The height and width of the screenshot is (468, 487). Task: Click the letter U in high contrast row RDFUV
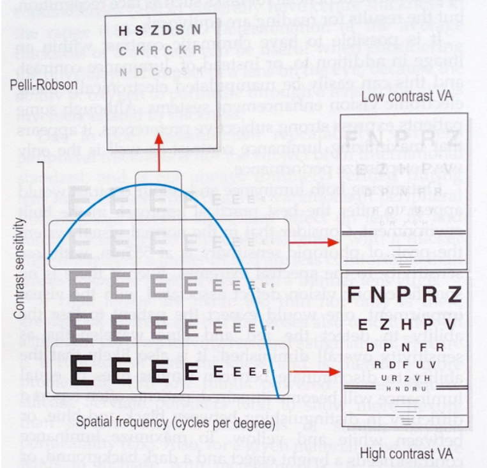425,364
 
